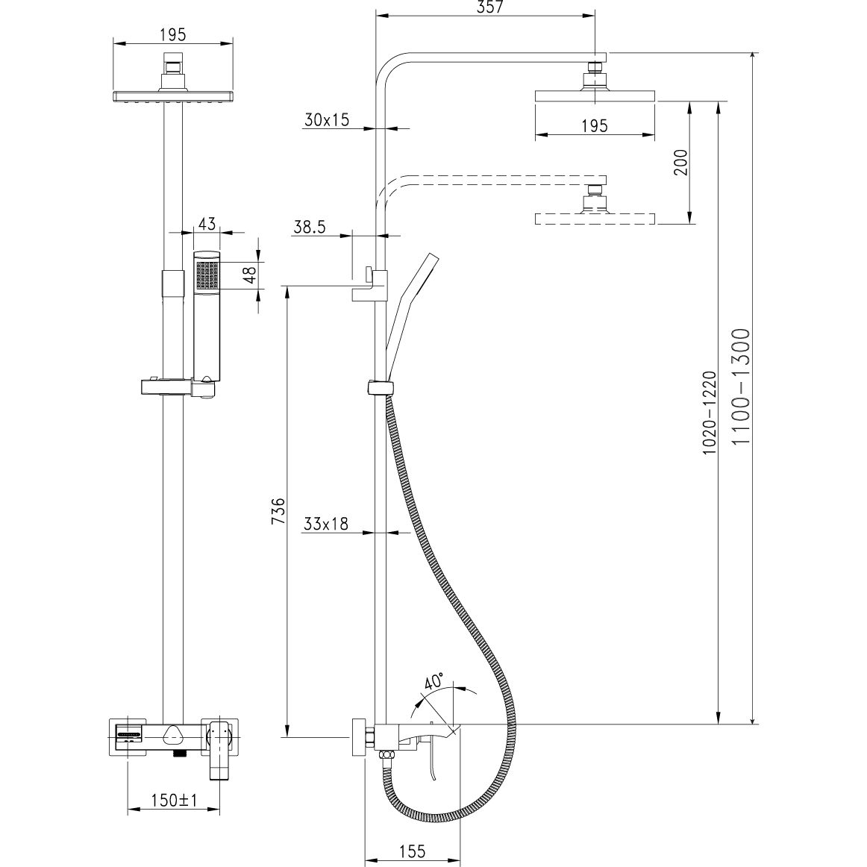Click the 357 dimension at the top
pyautogui.click(x=485, y=7)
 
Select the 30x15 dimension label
pyautogui.click(x=327, y=120)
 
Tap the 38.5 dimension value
pyautogui.click(x=309, y=227)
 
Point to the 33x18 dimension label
pyautogui.click(x=326, y=524)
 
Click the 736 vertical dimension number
pyautogui.click(x=279, y=511)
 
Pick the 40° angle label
pyautogui.click(x=433, y=681)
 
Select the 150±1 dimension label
pyautogui.click(x=174, y=800)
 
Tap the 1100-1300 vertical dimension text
pyautogui.click(x=740, y=386)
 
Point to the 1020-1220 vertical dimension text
pyautogui.click(x=710, y=413)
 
